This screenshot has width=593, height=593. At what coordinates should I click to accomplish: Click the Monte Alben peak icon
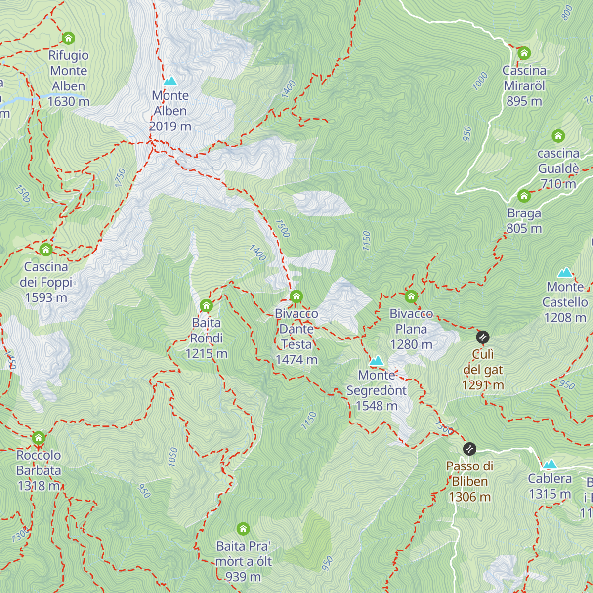170,81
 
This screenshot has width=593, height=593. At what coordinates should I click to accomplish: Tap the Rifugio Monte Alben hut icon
68,38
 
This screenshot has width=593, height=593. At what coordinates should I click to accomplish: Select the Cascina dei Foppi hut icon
46,250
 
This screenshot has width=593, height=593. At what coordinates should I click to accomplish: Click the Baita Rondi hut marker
206,306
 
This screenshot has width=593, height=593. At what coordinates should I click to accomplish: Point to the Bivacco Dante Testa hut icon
296,296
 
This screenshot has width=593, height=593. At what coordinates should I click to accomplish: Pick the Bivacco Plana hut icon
411,296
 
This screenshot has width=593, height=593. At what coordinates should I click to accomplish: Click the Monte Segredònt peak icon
377,361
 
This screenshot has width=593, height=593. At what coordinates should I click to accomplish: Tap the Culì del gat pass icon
483,338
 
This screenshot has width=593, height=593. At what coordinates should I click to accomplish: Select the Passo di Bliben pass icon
469,449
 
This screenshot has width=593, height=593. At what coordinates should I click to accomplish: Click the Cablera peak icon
550,464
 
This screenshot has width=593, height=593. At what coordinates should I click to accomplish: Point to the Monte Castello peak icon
565,272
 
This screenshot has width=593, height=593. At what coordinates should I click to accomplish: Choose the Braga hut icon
524,196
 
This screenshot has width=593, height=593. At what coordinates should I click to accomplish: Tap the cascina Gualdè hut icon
558,136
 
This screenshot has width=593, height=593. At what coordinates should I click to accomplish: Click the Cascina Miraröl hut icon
524,53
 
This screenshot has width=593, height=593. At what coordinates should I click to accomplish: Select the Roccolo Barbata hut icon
39,438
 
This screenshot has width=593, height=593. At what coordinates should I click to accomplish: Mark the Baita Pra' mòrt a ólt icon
243,529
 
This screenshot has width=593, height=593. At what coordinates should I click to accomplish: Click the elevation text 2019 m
170,127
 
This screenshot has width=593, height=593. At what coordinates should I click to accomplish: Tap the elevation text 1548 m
377,406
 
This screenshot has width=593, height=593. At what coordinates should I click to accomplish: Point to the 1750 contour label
120,178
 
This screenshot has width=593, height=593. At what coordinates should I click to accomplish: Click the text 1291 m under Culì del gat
483,385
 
